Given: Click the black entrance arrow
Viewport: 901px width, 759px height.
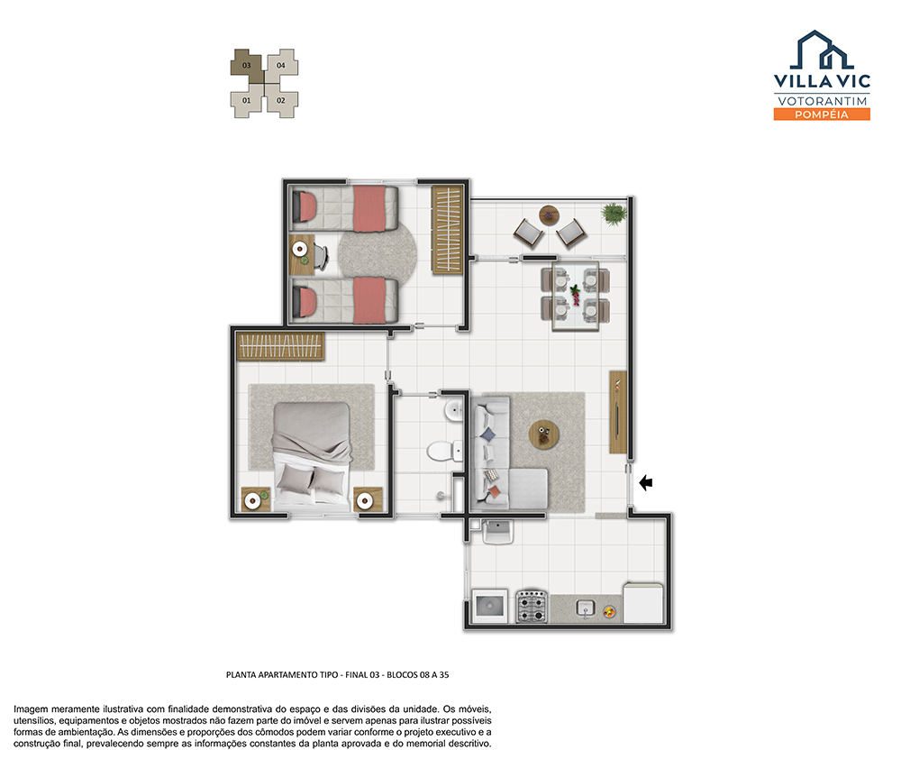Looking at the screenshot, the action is click(646, 482).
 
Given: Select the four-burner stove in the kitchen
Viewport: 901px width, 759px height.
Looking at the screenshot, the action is click(532, 607).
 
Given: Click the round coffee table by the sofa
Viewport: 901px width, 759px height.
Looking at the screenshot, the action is click(543, 435).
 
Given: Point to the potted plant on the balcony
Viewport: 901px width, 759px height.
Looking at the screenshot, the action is click(614, 214).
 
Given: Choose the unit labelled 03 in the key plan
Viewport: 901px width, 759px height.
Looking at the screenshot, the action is click(247, 66).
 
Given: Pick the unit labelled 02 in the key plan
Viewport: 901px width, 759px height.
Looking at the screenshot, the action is click(281, 100).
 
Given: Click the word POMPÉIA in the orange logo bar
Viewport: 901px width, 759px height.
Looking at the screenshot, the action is click(822, 115).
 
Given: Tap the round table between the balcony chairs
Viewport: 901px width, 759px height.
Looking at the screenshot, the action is click(550, 215).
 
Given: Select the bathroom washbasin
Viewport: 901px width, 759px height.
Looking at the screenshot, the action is click(454, 410).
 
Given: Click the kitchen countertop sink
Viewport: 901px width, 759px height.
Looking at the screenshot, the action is click(586, 608).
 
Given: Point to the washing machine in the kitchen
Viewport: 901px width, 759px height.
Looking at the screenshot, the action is click(489, 606).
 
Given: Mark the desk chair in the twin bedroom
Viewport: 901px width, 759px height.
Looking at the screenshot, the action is click(321, 256).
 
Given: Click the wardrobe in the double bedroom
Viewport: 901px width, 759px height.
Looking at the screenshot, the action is click(280, 347).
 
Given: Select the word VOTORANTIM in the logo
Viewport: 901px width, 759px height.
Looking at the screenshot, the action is click(822, 101).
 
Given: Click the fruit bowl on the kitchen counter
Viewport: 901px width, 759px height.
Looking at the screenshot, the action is click(609, 612).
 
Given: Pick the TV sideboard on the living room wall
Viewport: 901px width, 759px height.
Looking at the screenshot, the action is click(618, 412).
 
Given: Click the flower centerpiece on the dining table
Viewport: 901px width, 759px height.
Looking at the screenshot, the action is click(575, 295).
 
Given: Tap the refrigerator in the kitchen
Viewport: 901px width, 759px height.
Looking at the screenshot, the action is click(643, 602).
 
